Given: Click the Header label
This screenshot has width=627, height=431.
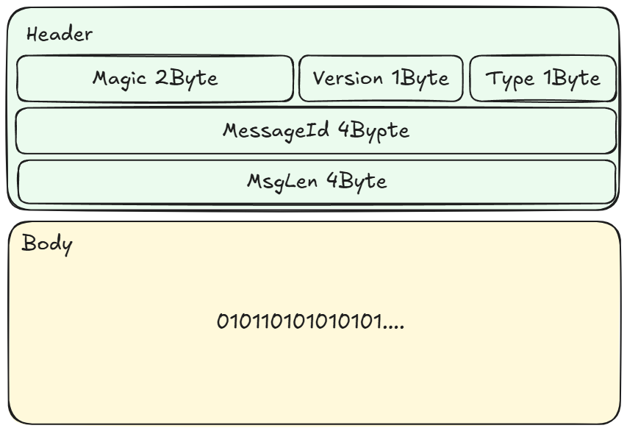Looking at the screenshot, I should [60, 34].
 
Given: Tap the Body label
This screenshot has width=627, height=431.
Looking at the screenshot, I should [48, 243].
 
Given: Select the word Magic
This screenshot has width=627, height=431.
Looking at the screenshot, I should [121, 78].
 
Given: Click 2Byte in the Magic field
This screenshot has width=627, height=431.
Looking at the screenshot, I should [186, 79].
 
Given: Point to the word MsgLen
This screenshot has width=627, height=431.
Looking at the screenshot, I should [282, 181].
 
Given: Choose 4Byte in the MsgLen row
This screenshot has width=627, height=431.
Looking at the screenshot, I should [356, 182].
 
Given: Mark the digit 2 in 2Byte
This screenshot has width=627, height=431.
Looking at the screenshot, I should [160, 78].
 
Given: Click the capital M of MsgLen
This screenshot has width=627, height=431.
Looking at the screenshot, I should [254, 181].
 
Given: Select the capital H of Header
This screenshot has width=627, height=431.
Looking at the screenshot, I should [32, 34].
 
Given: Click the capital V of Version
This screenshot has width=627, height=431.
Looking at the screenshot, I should [319, 78].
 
